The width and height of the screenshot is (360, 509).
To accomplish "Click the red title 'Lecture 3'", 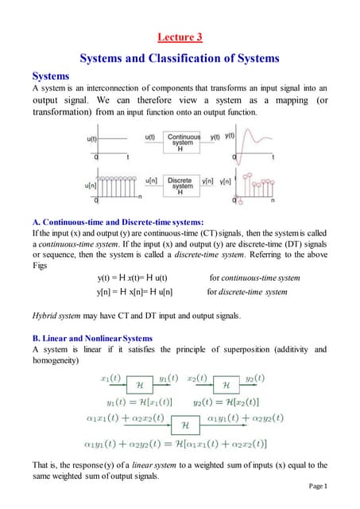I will pos(180,37).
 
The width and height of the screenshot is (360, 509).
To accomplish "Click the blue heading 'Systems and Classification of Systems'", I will pos(180,58).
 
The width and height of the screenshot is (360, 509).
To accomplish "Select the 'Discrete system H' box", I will pos(183,186).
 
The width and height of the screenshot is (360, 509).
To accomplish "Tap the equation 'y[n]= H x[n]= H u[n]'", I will pos(134,292).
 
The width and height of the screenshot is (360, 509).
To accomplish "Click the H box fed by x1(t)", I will pos(139,384).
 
